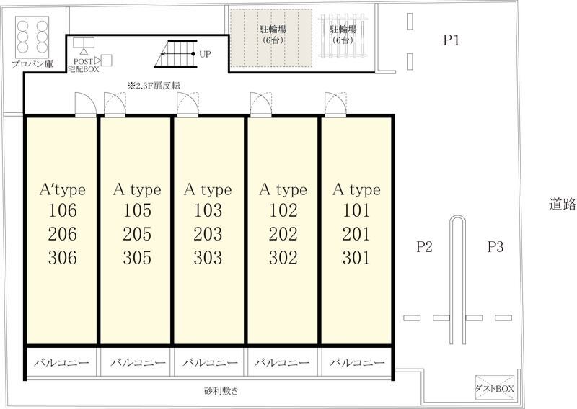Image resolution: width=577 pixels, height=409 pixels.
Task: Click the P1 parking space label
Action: tap(452, 40)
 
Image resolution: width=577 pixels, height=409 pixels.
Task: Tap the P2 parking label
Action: tap(424, 246)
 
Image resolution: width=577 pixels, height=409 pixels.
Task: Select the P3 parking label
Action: tap(495, 246)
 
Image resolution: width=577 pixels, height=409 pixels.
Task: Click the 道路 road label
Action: tap(563, 204)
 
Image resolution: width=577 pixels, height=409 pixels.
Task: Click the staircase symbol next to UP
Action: tap(176, 54)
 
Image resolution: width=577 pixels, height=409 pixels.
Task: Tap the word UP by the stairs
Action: tap(205, 54)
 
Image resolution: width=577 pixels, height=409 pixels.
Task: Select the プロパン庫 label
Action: tap(32, 64)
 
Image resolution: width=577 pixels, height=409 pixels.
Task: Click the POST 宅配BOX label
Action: tap(84, 66)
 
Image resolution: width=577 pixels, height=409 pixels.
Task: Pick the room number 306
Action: tap(63, 258)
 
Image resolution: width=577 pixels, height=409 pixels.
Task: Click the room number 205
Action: tap(137, 234)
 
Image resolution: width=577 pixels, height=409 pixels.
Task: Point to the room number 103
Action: tap(208, 210)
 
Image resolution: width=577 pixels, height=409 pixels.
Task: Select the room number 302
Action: tap(283, 258)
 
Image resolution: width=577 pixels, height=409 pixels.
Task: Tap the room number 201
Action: tap(356, 234)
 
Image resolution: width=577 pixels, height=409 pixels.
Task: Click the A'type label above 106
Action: tap(63, 189)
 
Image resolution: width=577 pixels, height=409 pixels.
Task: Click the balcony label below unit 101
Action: tap(357, 363)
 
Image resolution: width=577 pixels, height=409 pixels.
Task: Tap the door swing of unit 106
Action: tap(86, 104)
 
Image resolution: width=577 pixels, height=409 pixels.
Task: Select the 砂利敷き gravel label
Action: tap(221, 390)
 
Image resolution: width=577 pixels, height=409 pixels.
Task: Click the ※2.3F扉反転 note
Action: tap(154, 86)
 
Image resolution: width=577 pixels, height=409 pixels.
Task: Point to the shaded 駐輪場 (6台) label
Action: tap(273, 34)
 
